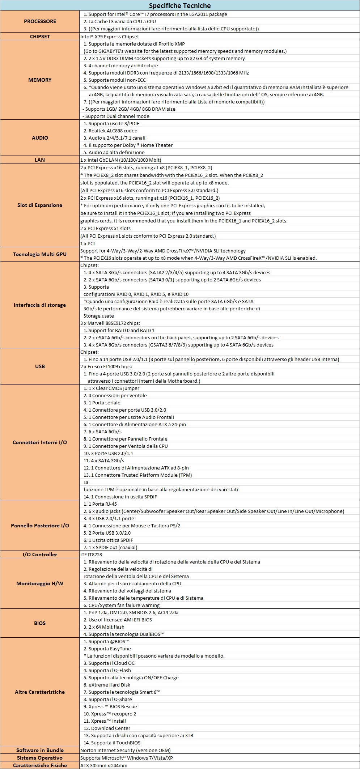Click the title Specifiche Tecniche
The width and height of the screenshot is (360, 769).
[x=180, y=5]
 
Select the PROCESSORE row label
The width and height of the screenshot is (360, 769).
[x=40, y=21]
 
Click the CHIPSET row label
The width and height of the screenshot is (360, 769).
[x=40, y=37]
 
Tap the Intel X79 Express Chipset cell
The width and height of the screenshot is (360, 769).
[x=110, y=37]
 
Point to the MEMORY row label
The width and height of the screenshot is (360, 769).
[x=40, y=80]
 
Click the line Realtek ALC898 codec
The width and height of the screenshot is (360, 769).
[x=113, y=131]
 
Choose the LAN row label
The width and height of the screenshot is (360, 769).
[x=40, y=160]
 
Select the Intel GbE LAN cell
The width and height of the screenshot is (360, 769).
[x=121, y=160]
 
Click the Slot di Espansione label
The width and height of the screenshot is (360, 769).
[x=40, y=205]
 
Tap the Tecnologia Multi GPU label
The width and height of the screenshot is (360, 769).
[x=40, y=254]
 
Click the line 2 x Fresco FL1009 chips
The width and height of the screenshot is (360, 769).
[x=106, y=366]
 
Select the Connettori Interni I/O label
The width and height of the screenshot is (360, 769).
[x=40, y=442]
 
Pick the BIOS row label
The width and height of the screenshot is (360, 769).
[x=40, y=623]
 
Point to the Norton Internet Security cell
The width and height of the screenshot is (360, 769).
[x=125, y=750]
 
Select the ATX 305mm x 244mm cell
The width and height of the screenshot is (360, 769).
[x=104, y=765]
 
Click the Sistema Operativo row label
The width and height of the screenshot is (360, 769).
[x=40, y=758]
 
